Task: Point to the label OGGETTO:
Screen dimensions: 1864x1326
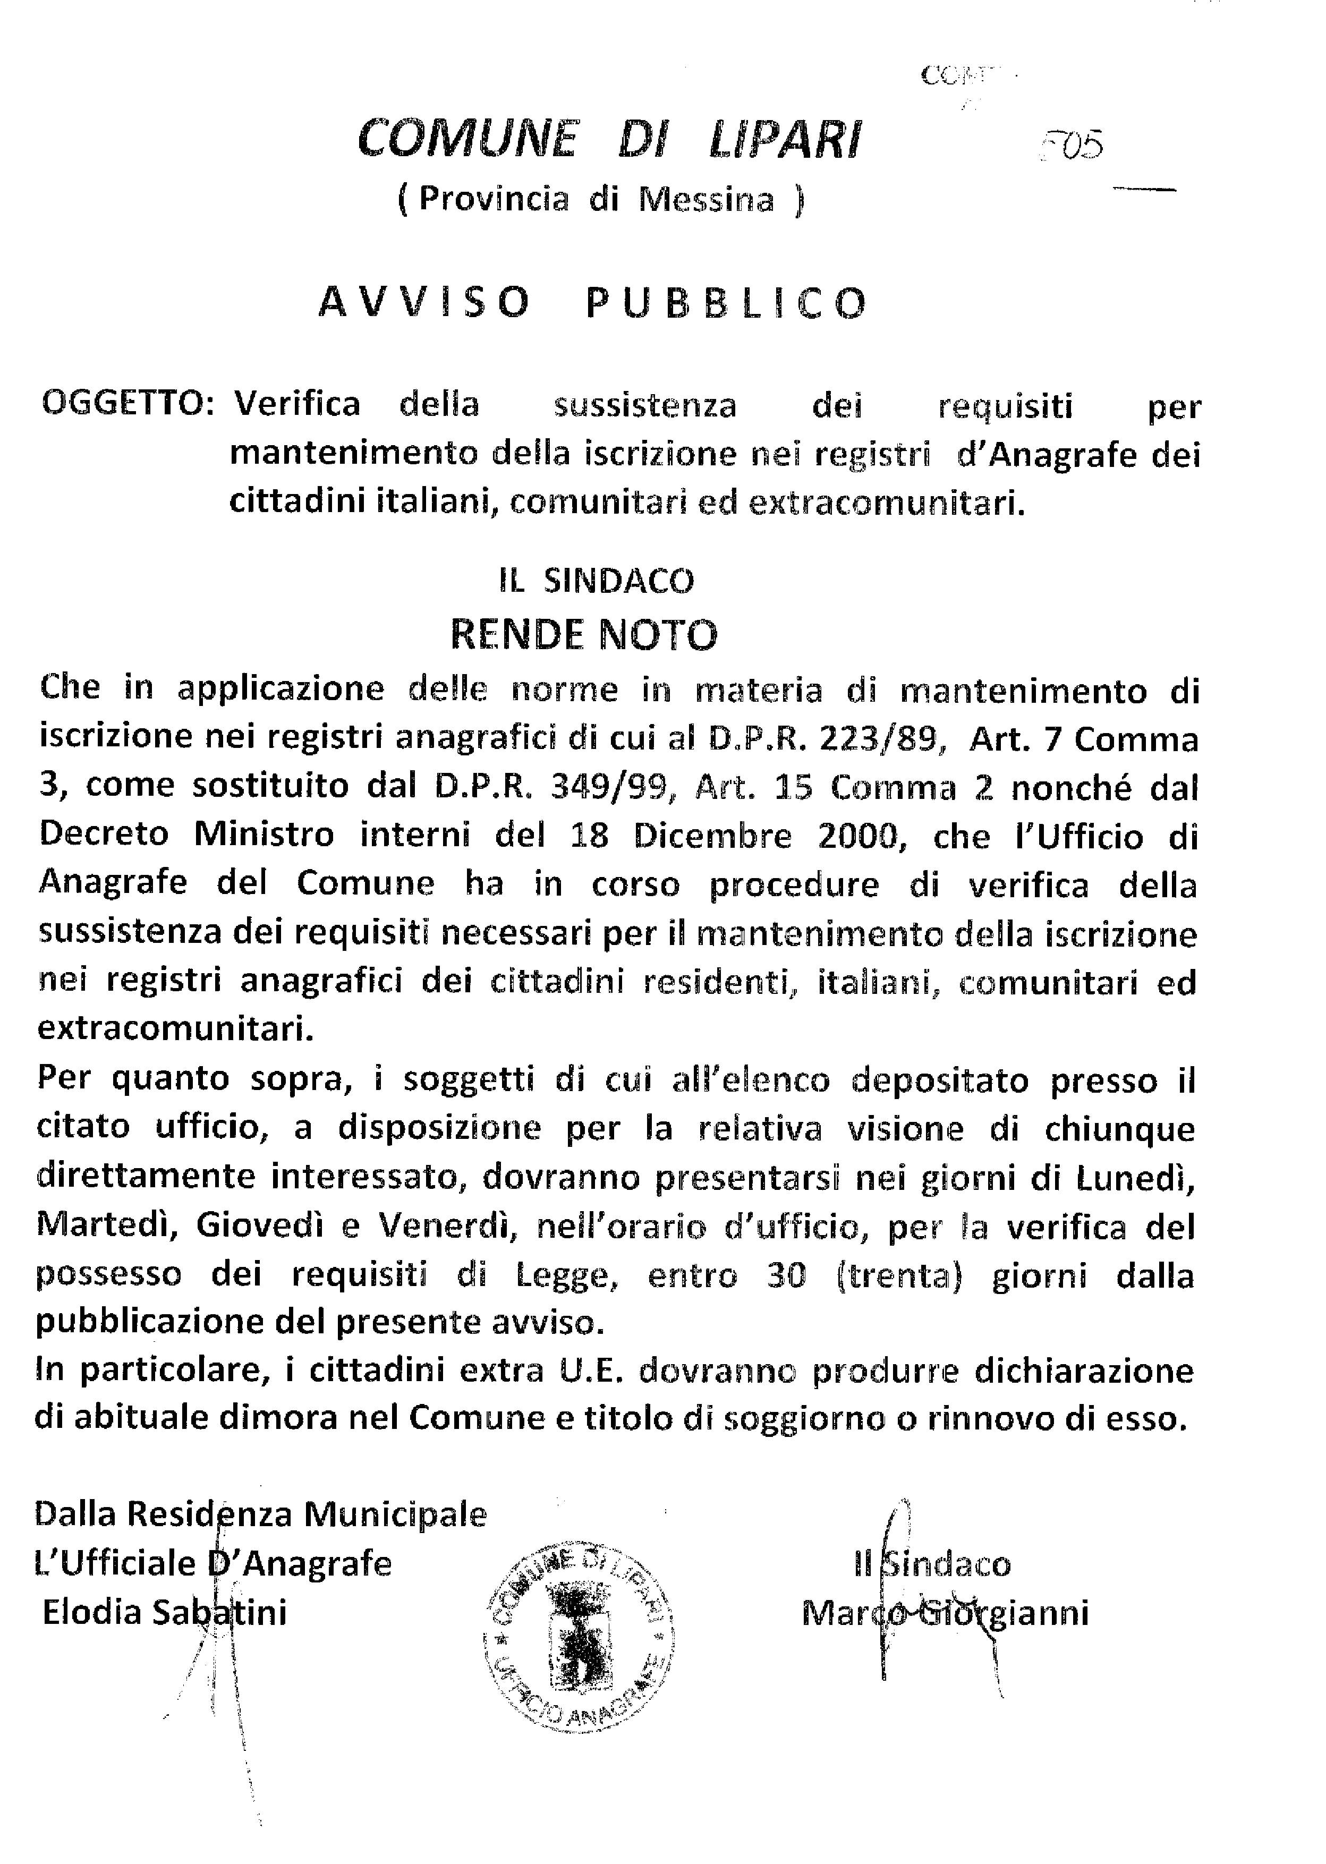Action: pyautogui.click(x=128, y=405)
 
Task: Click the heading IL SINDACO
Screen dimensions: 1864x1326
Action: pyautogui.click(x=596, y=581)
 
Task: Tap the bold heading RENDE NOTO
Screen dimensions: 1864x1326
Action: pyautogui.click(x=584, y=635)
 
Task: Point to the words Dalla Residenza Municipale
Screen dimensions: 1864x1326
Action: pyautogui.click(x=260, y=1514)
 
